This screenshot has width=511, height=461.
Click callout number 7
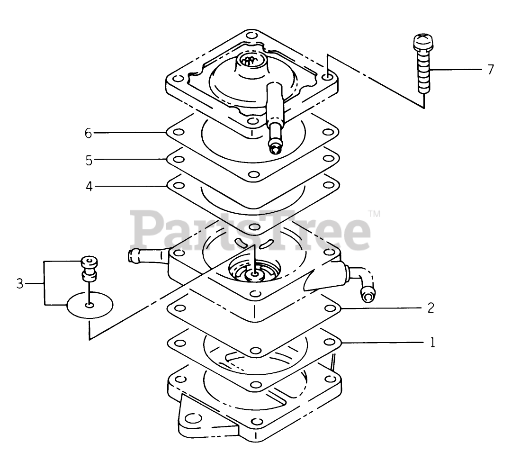pos(490,70)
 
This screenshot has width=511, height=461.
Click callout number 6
pos(88,134)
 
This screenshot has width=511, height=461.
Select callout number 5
pos(89,161)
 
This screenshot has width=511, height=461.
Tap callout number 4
pos(89,186)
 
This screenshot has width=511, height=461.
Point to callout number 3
pos(19,284)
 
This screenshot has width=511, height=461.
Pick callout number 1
pos(431,342)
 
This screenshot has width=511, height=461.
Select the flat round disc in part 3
pos(90,305)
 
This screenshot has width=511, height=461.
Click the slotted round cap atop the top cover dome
pos(249,60)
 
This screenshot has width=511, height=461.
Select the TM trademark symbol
pos(374,214)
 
